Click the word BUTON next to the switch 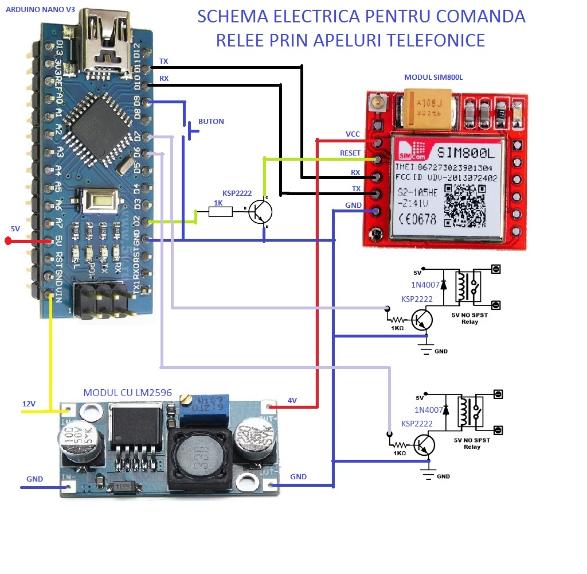(x=211, y=122)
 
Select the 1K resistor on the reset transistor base (x=220, y=212)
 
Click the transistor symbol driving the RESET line (x=261, y=212)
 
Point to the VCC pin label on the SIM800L (x=353, y=134)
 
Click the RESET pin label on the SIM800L (x=350, y=153)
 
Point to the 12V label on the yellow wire (x=29, y=404)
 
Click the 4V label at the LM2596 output (x=292, y=400)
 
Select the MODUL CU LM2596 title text (x=127, y=393)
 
